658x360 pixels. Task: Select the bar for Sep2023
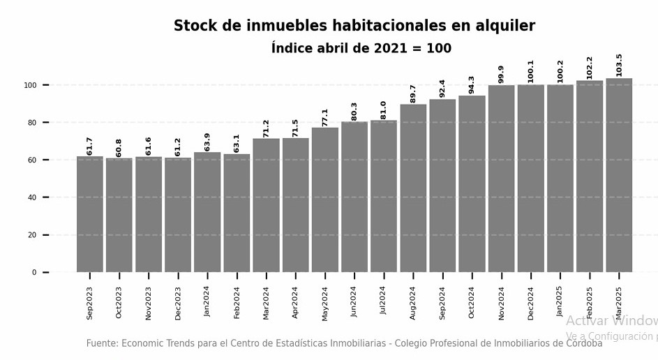pyautogui.click(x=89, y=214)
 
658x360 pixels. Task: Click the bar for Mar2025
pyautogui.click(x=619, y=175)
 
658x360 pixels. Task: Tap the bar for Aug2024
pyautogui.click(x=413, y=188)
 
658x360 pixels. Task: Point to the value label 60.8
pyautogui.click(x=119, y=147)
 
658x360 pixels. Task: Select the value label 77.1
pyautogui.click(x=325, y=117)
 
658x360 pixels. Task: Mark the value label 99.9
pyautogui.click(x=502, y=74)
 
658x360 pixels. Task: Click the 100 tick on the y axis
pyautogui.click(x=30, y=85)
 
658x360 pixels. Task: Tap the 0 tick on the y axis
pyautogui.click(x=34, y=273)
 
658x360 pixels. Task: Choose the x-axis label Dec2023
pyautogui.click(x=178, y=302)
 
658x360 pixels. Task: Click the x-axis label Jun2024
pyautogui.click(x=354, y=302)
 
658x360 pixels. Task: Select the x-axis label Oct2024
pyautogui.click(x=472, y=302)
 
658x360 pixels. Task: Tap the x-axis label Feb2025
pyautogui.click(x=590, y=302)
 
